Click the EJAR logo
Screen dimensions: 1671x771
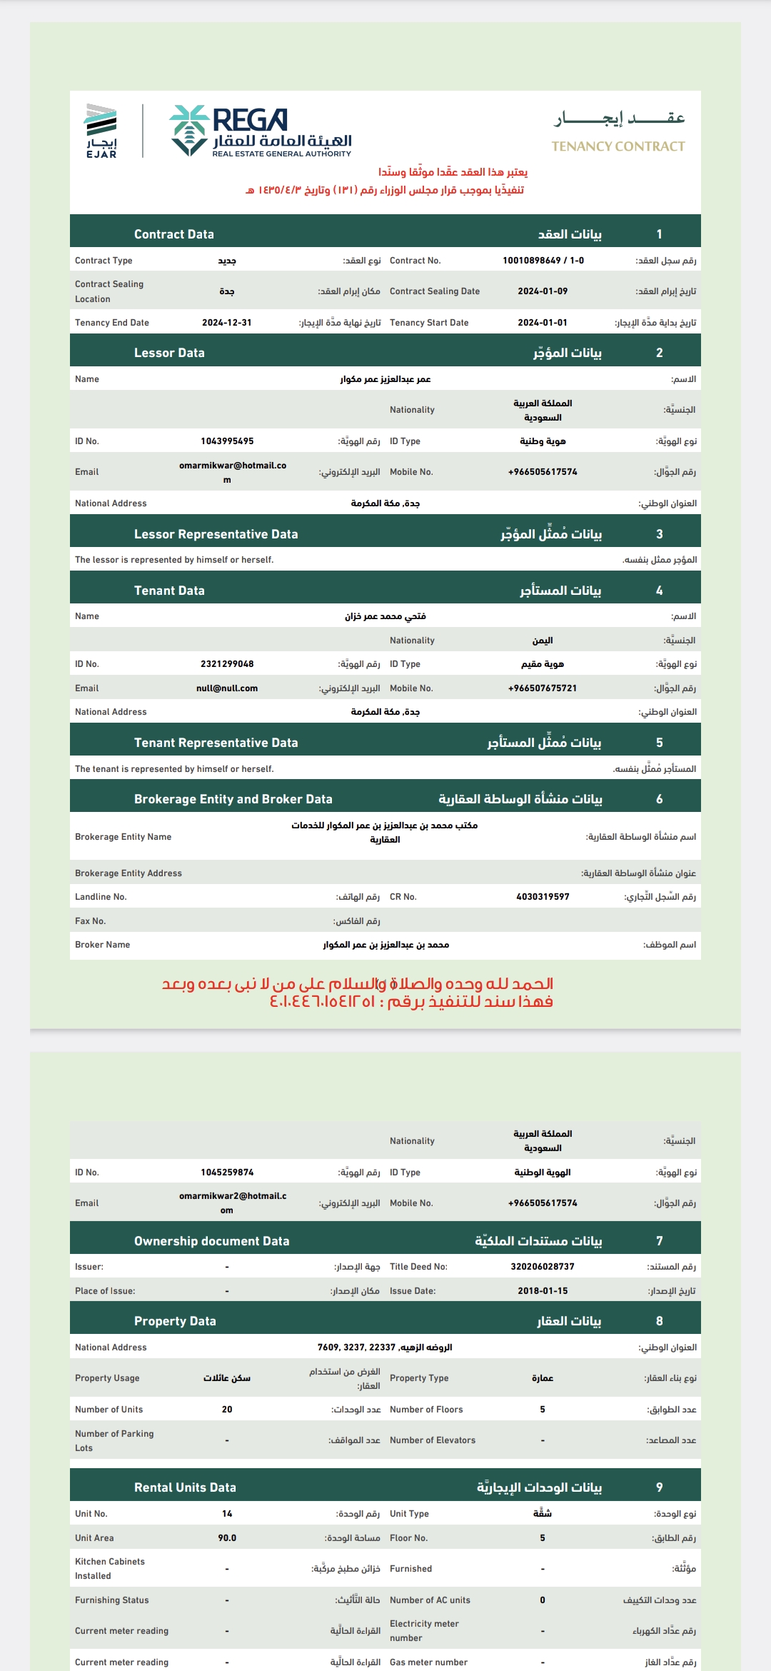click(x=101, y=131)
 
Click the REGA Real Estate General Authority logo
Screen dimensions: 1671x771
click(x=261, y=131)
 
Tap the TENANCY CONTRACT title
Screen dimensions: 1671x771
click(x=618, y=146)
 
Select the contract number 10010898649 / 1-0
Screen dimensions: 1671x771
click(x=543, y=261)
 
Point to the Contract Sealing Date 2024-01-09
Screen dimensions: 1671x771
click(x=543, y=291)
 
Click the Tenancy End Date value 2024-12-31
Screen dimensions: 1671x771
click(x=227, y=323)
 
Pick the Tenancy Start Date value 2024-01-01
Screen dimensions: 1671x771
click(x=543, y=323)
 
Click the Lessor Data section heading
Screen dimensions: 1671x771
click(x=169, y=353)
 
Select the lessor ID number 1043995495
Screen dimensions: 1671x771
click(x=227, y=441)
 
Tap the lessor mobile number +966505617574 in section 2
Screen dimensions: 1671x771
click(x=543, y=472)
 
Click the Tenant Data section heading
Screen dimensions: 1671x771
click(x=169, y=591)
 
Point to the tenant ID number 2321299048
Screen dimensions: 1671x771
click(x=227, y=664)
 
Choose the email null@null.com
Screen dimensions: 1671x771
click(x=227, y=688)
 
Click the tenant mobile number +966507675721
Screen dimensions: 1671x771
click(x=543, y=688)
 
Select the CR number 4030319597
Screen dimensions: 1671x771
click(x=543, y=897)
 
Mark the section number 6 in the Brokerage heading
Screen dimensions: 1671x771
click(x=659, y=799)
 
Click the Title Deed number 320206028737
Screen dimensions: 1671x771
click(x=543, y=1267)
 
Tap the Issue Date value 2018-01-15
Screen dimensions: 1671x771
click(x=543, y=1291)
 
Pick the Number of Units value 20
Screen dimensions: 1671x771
click(x=227, y=1410)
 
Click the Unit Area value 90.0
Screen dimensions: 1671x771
click(x=227, y=1538)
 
